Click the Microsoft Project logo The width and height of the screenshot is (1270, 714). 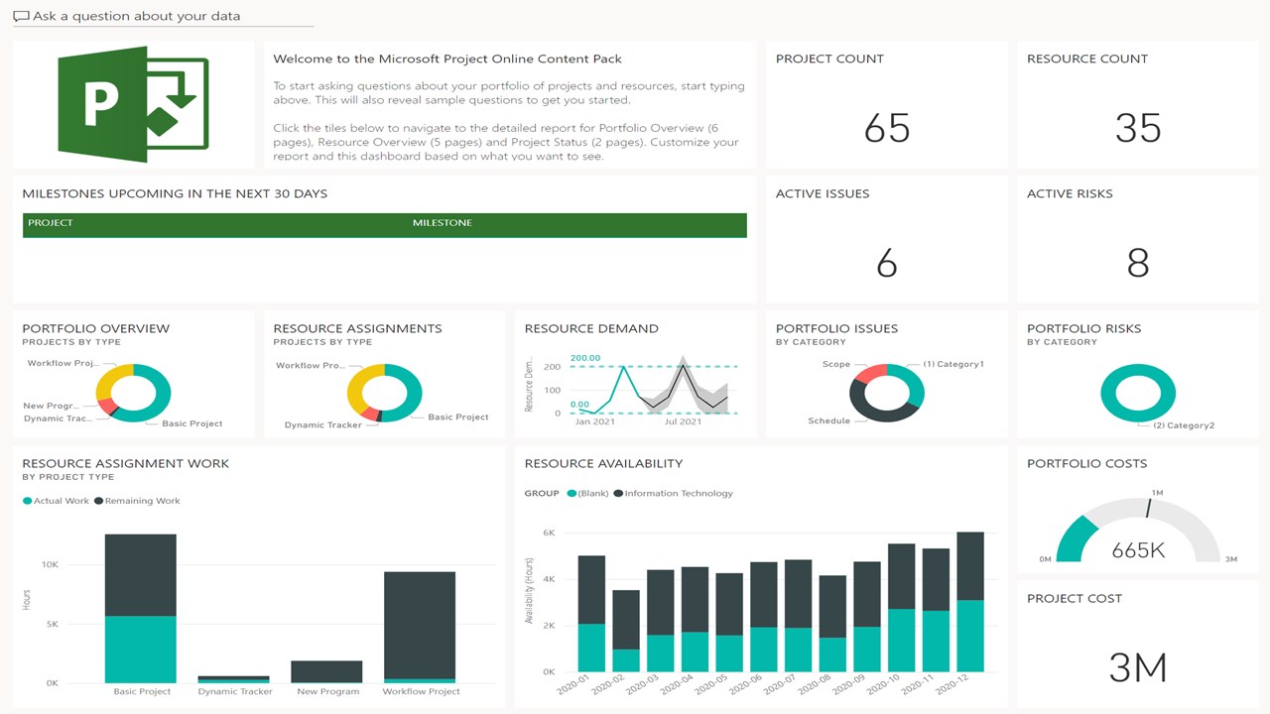click(133, 104)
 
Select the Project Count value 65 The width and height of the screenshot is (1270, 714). click(887, 128)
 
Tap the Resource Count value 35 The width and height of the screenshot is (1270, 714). click(1137, 128)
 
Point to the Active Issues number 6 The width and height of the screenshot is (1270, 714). click(887, 263)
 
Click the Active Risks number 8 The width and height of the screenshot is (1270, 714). click(1137, 263)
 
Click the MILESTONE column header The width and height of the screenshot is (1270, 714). click(443, 223)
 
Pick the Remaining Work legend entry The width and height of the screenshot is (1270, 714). click(142, 501)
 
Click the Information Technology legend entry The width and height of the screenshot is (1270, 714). click(679, 493)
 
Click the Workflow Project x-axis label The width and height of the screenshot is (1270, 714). click(421, 691)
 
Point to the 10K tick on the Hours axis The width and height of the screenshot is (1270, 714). click(50, 564)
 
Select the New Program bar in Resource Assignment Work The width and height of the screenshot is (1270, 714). click(326, 671)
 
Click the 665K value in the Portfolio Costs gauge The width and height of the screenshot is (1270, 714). click(1137, 549)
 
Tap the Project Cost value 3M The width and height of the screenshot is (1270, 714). click(1137, 667)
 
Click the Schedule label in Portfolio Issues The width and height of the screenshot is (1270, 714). click(828, 420)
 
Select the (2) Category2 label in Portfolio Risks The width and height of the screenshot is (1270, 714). click(1183, 425)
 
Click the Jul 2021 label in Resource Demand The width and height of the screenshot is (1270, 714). click(683, 421)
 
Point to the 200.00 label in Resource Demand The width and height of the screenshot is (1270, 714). click(585, 358)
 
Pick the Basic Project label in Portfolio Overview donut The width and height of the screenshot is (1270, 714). click(192, 423)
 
